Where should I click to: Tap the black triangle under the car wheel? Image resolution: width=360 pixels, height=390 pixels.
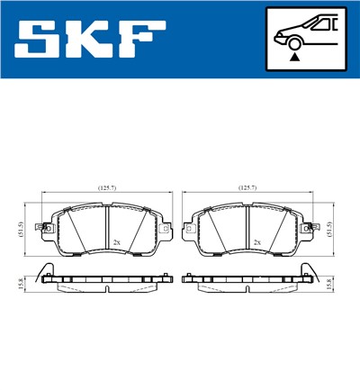[293, 56]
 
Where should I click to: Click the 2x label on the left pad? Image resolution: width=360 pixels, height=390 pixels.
[118, 242]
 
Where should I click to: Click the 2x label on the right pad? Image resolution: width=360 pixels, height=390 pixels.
[256, 242]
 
